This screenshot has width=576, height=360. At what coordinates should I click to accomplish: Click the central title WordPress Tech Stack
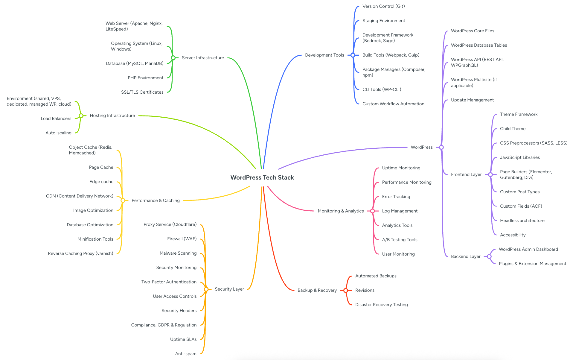coord(262,177)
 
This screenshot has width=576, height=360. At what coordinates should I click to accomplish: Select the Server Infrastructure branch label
coord(203,58)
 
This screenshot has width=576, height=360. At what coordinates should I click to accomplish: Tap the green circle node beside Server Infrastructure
coord(173,58)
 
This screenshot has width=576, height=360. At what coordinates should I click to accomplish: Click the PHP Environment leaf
coord(145,78)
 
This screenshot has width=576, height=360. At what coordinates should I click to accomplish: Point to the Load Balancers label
coord(56,119)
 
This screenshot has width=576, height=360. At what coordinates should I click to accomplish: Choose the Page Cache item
coord(101,167)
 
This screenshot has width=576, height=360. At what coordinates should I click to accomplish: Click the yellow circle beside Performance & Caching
coord(123,200)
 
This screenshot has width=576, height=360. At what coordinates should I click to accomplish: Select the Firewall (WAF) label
coord(182,239)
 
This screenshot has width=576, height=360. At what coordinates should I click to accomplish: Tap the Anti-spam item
coord(186,354)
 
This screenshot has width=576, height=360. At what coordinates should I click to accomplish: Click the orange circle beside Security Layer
coord(206,289)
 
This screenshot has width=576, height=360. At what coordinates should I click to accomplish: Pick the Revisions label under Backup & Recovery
coord(365,290)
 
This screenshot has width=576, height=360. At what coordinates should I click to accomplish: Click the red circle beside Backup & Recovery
coord(346,290)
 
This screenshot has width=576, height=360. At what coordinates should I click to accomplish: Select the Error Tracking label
coord(396,197)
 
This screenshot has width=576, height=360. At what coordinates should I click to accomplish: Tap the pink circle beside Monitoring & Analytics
coord(372,211)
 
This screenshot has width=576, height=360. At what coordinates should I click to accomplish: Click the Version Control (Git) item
coord(383,6)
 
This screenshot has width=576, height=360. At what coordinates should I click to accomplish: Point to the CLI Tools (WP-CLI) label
coord(382,89)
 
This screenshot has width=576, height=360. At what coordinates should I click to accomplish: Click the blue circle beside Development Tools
coord(353,55)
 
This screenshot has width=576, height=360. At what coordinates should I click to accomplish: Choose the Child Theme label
coord(513,129)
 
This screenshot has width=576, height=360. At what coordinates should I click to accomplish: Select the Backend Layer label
coord(466,256)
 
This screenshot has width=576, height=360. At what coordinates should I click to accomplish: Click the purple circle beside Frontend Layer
coord(490,174)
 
